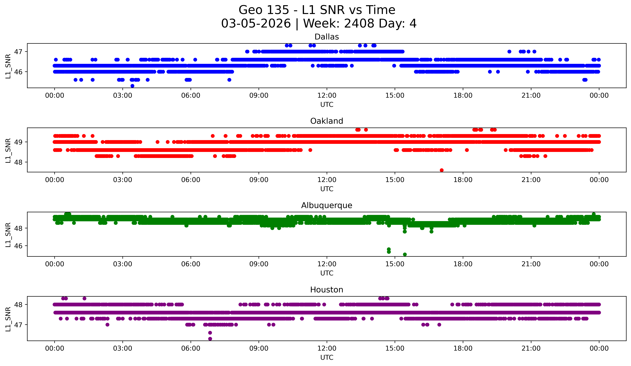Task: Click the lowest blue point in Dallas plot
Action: (x=132, y=86)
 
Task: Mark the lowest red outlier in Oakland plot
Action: (x=442, y=170)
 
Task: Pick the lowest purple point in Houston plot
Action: (x=210, y=339)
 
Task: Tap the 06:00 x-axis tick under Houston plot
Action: (x=191, y=348)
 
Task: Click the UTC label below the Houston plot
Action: (x=327, y=358)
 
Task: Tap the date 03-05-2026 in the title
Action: (x=256, y=24)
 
